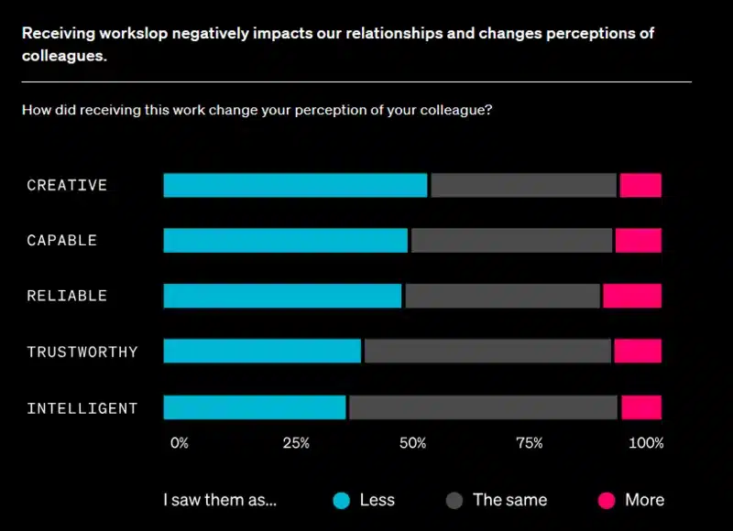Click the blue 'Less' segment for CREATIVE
pos(295,185)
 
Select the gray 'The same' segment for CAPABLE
pos(511,241)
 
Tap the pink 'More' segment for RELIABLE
pos(632,296)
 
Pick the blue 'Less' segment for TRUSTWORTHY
pos(263,352)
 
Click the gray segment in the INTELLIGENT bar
pos(483,407)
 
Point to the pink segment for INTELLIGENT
pos(641,407)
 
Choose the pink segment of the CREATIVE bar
pos(640,185)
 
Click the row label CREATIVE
pos(67,185)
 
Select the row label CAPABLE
pos(61,241)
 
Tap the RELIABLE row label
pos(67,296)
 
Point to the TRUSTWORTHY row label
pos(82,352)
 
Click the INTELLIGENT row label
pos(82,407)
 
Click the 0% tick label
pos(180,443)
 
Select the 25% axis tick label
pos(296,443)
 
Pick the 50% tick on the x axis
pos(413,443)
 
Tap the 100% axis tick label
pos(646,443)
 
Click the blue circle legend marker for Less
pos(342,500)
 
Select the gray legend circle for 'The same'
pos(454,500)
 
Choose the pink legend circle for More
pos(607,500)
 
